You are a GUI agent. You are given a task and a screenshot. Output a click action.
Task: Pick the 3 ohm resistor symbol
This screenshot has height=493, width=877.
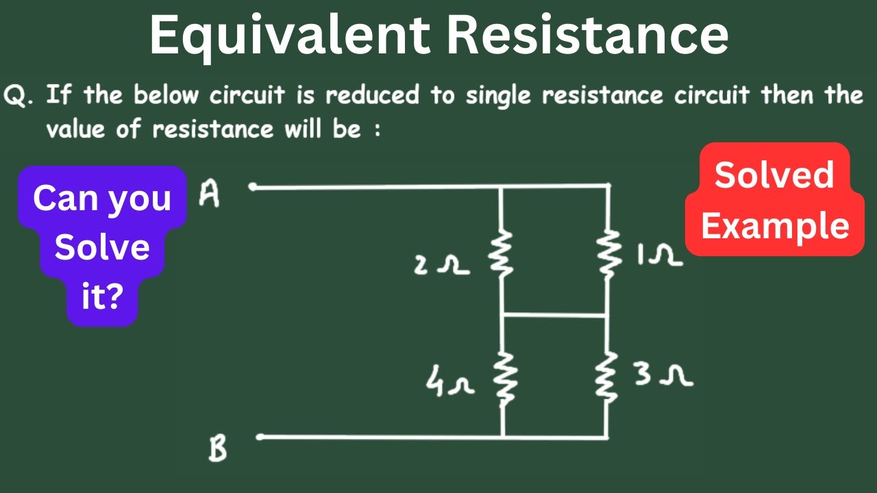(606, 378)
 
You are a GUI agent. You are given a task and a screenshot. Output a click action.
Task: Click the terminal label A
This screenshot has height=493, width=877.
(209, 194)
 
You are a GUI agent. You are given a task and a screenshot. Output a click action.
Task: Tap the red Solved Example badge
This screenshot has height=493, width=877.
(775, 200)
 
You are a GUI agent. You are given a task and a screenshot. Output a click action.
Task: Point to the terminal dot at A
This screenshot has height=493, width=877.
(252, 186)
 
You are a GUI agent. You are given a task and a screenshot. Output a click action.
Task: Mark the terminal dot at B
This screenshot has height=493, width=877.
(260, 437)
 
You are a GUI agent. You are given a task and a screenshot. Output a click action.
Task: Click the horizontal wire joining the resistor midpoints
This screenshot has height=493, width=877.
(554, 315)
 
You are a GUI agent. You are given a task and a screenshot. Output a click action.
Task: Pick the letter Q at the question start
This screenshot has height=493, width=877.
(17, 95)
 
